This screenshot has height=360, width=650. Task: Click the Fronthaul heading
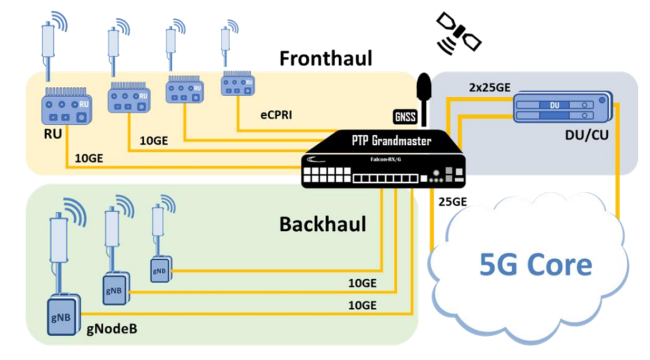coord(326,58)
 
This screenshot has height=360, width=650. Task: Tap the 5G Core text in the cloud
coord(534,264)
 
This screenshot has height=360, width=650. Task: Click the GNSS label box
coord(404,116)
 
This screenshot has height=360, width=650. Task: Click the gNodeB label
coord(112,330)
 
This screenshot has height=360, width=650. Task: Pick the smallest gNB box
coord(159,270)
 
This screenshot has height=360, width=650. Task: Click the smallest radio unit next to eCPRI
coord(237,84)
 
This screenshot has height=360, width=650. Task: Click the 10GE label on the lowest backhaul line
coord(362,305)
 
